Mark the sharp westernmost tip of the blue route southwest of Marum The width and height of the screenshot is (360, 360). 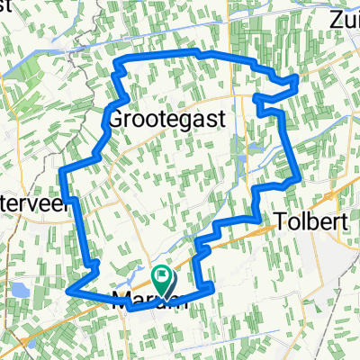68,291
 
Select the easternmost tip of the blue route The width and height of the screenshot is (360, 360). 298,81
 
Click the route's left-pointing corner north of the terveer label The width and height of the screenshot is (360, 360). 60,169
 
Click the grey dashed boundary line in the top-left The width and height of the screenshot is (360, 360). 86,40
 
